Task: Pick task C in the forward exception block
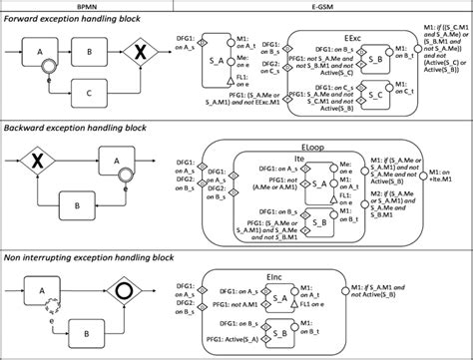click(x=89, y=92)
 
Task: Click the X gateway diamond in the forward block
click(x=143, y=50)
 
